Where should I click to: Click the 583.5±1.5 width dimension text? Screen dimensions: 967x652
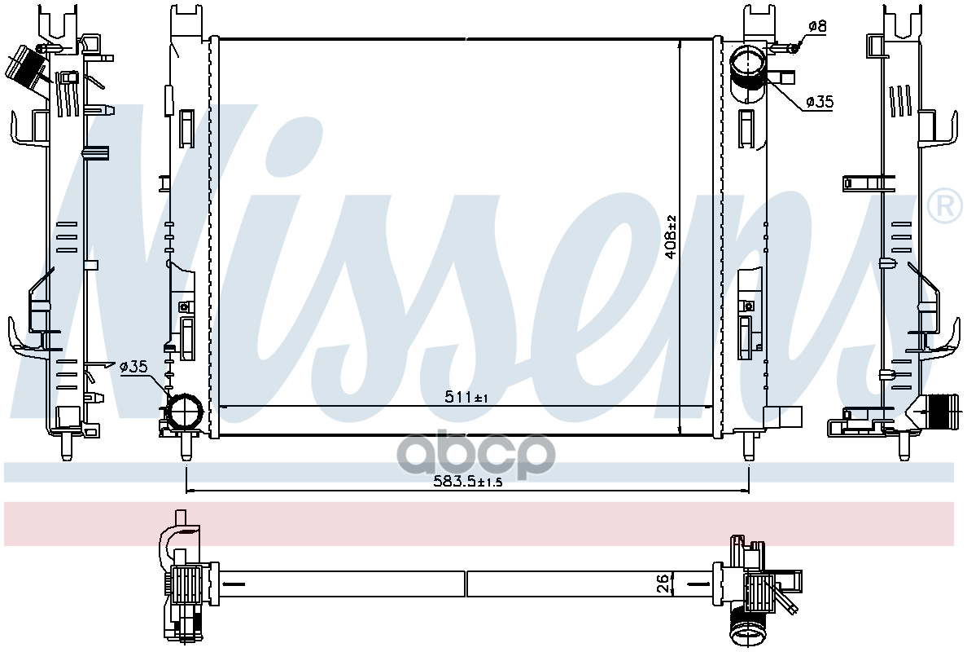pos(466,482)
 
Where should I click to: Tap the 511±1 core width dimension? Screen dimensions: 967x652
pos(466,398)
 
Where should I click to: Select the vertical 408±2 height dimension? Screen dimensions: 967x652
pos(671,236)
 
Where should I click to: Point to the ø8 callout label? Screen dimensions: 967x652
pos(817,26)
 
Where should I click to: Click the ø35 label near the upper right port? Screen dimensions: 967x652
pos(820,101)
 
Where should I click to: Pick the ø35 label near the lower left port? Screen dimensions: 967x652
pos(133,367)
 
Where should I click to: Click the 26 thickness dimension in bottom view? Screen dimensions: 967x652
pos(663,584)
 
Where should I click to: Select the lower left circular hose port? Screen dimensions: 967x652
pos(185,411)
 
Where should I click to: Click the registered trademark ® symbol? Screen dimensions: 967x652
pos(944,205)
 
